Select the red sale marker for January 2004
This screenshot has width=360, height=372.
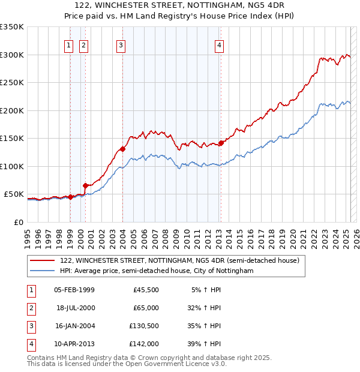pos(122,149)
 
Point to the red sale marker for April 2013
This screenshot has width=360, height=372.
pos(221,143)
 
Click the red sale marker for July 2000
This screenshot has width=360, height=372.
pos(85,185)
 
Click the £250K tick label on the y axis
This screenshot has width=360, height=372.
pos(11,82)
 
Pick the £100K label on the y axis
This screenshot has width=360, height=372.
pos(11,166)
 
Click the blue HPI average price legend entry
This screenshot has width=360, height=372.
pos(157,271)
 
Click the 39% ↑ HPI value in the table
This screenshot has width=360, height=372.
pos(204,344)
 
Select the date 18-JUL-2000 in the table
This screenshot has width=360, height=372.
pos(75,308)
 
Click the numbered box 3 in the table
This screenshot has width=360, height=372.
pos(30,326)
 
